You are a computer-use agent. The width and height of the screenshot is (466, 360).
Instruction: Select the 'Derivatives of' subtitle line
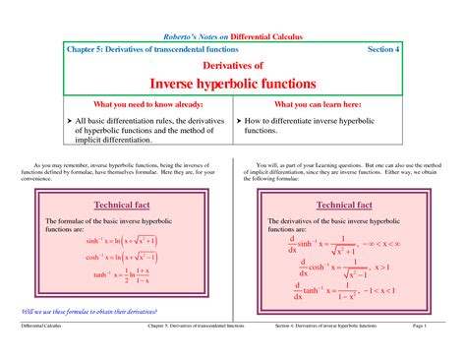[x=232, y=64]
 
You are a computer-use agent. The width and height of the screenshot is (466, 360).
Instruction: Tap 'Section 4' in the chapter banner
[x=383, y=48]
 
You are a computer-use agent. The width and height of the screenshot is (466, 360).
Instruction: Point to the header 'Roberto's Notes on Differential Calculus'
[x=232, y=36]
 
